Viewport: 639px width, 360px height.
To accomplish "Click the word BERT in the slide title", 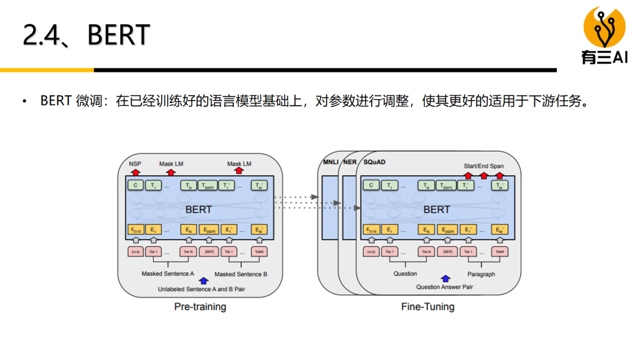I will click(x=118, y=36).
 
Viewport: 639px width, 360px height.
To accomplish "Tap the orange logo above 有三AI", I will click(x=604, y=27).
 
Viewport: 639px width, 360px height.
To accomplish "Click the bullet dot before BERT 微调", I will click(x=25, y=101).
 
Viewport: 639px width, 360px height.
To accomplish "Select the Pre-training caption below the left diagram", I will click(x=200, y=307).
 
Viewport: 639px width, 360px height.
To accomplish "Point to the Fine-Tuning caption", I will click(x=428, y=307).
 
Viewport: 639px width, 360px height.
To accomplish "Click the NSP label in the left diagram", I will click(x=135, y=163).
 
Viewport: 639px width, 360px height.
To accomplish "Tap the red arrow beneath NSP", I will click(x=135, y=172).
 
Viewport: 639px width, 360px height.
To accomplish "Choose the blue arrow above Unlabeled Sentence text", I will click(x=204, y=281).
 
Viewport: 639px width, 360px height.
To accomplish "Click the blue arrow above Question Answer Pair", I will click(x=445, y=278).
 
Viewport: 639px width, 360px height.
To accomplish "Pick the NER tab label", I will click(x=349, y=162).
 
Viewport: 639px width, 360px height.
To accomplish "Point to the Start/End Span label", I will click(x=484, y=166).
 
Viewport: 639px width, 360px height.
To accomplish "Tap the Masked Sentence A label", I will click(x=168, y=274).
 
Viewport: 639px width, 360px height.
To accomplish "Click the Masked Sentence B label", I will click(x=241, y=274).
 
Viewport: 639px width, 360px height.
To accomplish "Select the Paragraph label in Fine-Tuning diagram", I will click(x=481, y=274).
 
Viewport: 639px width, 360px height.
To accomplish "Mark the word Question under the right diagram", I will click(x=405, y=274).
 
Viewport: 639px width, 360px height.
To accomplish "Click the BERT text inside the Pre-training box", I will click(x=198, y=210).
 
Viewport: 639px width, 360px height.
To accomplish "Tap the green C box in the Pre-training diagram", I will click(x=135, y=185).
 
